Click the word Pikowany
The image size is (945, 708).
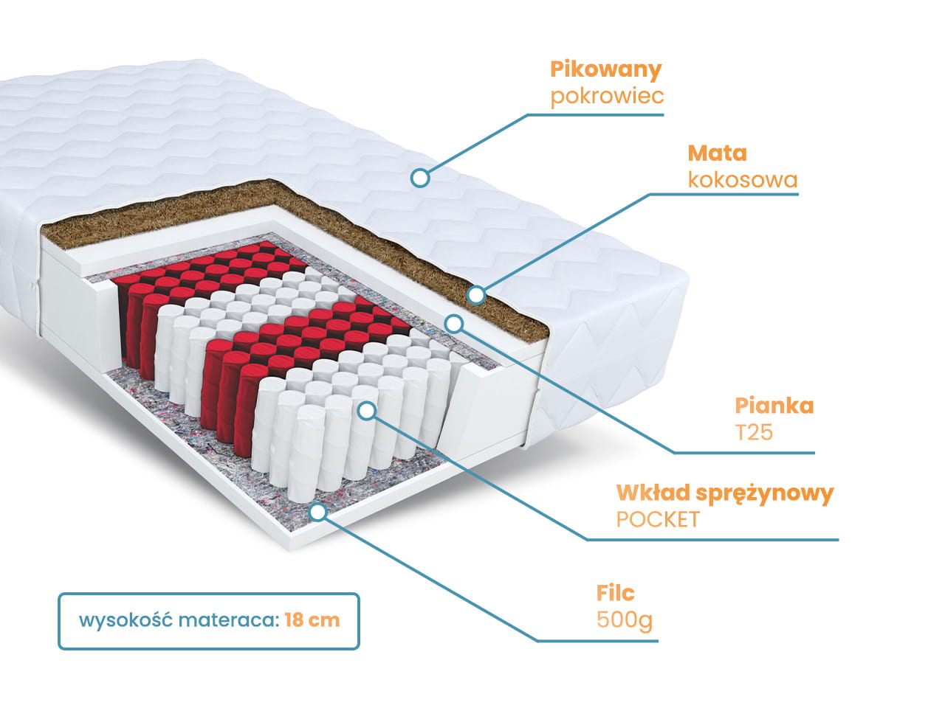[x=605, y=70]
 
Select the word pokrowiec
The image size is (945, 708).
[x=607, y=97]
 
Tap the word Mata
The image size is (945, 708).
[x=717, y=153]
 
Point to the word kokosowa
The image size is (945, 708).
[x=742, y=180]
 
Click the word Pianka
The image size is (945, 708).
[x=774, y=406]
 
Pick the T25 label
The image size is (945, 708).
[x=754, y=432]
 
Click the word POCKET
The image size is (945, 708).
[x=657, y=519]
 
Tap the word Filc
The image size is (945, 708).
[x=615, y=593]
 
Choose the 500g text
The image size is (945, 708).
[x=624, y=619]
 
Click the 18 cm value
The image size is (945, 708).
[x=312, y=620]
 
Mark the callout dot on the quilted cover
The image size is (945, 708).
[x=420, y=177]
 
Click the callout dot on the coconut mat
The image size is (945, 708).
[x=476, y=295]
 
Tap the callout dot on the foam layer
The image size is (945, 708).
[x=454, y=323]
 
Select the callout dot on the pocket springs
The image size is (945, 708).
[x=367, y=411]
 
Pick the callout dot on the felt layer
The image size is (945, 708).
[x=317, y=511]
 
